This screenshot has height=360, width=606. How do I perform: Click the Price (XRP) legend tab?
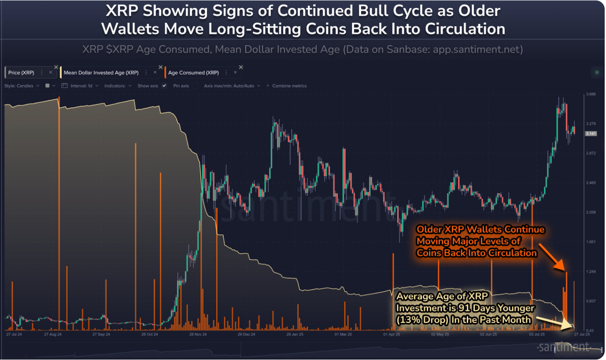(x=21, y=72)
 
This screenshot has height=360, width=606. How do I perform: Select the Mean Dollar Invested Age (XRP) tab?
(x=101, y=72)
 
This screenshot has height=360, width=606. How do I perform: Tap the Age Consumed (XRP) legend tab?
(x=193, y=72)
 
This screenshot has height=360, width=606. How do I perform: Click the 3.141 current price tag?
(x=591, y=134)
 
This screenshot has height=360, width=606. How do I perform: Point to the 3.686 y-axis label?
(x=590, y=94)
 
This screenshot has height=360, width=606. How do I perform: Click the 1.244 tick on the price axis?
(x=590, y=271)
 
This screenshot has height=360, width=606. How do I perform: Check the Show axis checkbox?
(x=164, y=86)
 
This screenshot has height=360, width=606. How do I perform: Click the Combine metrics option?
(x=289, y=86)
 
